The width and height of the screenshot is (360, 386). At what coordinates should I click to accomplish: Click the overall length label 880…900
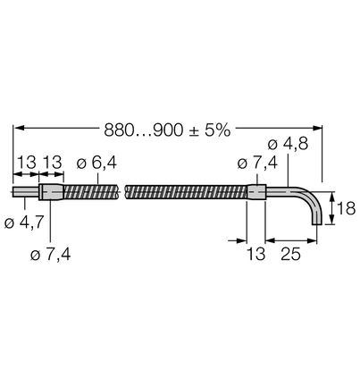click(143, 130)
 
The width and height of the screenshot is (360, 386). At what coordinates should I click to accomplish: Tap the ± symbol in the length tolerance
click(194, 131)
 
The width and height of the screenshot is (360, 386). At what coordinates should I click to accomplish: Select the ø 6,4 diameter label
click(96, 163)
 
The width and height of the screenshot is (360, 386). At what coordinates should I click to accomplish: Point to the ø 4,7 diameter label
click(24, 222)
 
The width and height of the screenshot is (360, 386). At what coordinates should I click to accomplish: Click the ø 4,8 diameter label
click(288, 144)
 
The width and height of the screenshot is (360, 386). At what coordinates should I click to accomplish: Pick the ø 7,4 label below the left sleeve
click(51, 255)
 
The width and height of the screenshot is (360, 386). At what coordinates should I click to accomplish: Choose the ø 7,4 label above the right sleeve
click(257, 163)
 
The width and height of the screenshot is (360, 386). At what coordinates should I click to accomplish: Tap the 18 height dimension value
click(346, 208)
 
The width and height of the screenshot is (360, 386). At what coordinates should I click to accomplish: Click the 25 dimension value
click(290, 254)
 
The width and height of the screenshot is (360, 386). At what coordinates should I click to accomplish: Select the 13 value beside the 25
click(255, 254)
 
